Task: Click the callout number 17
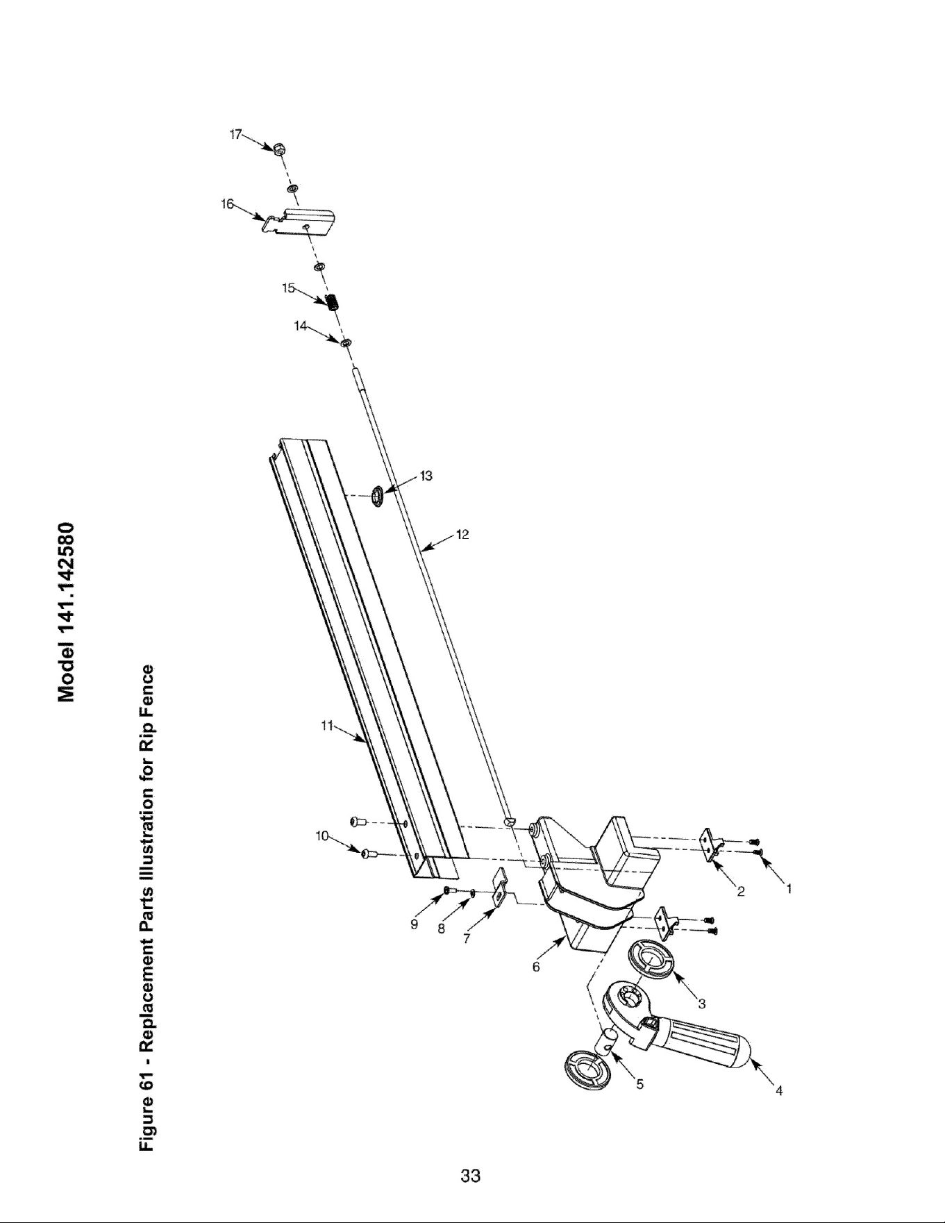236,135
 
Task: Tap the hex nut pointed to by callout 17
280,148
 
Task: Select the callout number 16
227,203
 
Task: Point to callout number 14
301,326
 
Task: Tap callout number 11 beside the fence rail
326,726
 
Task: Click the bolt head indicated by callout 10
365,853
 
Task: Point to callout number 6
536,967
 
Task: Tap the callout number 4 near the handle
779,1091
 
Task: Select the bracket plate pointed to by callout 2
710,844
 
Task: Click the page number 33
471,1176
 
